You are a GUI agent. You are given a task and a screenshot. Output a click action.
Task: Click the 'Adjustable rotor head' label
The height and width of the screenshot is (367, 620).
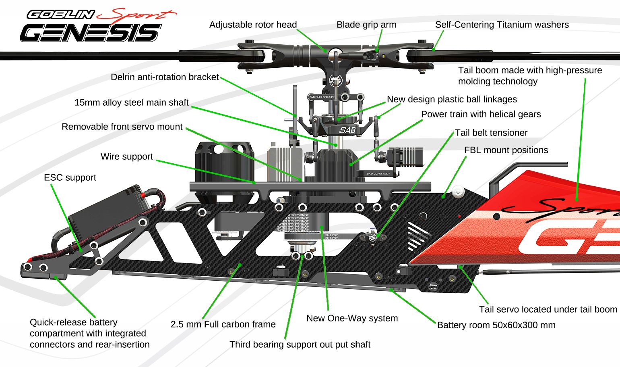pyautogui.click(x=253, y=25)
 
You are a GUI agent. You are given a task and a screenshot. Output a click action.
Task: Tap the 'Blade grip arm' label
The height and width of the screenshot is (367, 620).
pyautogui.click(x=366, y=25)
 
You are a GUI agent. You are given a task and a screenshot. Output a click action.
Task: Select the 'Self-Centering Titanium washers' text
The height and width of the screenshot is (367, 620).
pyautogui.click(x=502, y=25)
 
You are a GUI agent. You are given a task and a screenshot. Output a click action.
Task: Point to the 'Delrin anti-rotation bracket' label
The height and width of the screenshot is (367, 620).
pyautogui.click(x=165, y=77)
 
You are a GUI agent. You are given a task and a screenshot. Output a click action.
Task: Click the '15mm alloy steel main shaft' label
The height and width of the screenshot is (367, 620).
pyautogui.click(x=131, y=102)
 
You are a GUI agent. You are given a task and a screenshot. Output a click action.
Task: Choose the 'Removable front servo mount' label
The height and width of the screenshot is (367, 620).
pyautogui.click(x=122, y=127)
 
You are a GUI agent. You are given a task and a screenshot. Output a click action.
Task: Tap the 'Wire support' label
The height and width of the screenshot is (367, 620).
pyautogui.click(x=127, y=156)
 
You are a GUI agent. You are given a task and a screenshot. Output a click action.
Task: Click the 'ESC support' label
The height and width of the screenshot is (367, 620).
pyautogui.click(x=70, y=177)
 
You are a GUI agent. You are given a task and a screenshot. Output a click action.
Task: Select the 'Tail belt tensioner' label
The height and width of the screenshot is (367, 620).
pyautogui.click(x=491, y=133)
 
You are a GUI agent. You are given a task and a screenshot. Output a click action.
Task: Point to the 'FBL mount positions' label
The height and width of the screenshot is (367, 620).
pyautogui.click(x=506, y=150)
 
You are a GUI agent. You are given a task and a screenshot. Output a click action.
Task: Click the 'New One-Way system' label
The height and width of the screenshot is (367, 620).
pyautogui.click(x=352, y=318)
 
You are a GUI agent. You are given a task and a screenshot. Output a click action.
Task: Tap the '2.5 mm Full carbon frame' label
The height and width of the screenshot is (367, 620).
pyautogui.click(x=223, y=324)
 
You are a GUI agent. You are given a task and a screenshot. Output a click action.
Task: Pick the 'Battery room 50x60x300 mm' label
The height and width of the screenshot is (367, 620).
pyautogui.click(x=496, y=325)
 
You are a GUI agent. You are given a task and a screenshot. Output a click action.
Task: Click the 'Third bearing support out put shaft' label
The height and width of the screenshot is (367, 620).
pyautogui.click(x=300, y=344)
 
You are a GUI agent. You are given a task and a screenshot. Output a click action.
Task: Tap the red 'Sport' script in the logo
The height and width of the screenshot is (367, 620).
pyautogui.click(x=137, y=15)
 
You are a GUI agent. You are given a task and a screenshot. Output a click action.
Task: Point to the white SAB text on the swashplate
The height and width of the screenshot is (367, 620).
pyautogui.click(x=347, y=130)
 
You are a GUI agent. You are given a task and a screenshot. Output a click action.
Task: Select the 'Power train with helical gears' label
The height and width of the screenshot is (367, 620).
pyautogui.click(x=481, y=114)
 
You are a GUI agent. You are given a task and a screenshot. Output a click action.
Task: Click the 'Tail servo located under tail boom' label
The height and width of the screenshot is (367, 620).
pyautogui.click(x=548, y=309)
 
